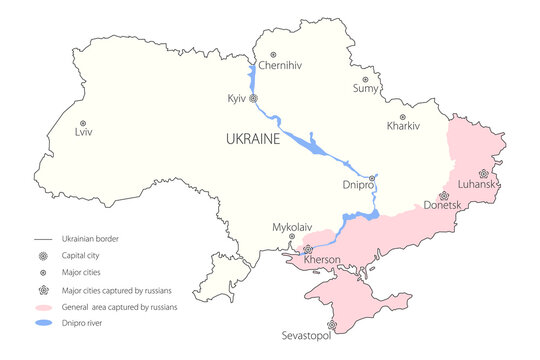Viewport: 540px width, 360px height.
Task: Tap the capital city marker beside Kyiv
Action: pyautogui.click(x=254, y=99)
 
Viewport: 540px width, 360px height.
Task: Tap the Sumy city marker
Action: pyautogui.click(x=365, y=79)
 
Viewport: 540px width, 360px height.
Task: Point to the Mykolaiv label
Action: pyautogui.click(x=293, y=227)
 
